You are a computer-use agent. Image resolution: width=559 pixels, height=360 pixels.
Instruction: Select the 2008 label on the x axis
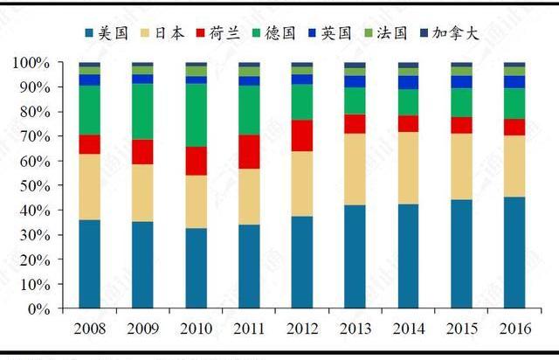pyautogui.click(x=89, y=329)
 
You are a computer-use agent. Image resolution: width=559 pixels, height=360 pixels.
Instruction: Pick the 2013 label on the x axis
pyautogui.click(x=355, y=329)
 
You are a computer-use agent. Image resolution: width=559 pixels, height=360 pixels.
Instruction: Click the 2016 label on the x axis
pyautogui.click(x=514, y=329)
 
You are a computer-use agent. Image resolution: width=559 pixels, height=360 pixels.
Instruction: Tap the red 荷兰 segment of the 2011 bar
pyautogui.click(x=248, y=151)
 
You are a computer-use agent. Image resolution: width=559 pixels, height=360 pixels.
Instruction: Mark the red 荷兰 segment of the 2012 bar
pyautogui.click(x=301, y=135)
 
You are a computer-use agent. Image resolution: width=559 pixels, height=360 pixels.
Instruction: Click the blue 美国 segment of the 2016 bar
pyautogui.click(x=514, y=253)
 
